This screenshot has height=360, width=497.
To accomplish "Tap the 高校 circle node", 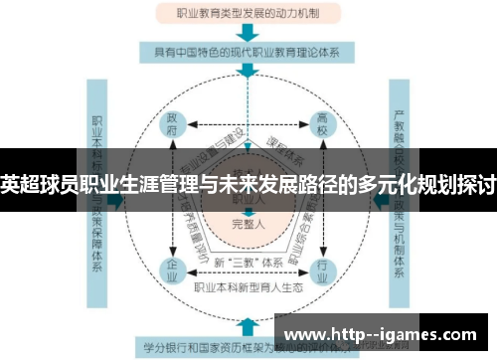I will [322, 126].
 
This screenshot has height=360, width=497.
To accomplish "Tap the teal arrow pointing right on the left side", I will [118, 199].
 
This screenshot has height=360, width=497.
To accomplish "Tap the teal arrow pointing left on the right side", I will [379, 199].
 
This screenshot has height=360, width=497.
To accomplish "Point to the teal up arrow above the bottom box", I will [245, 324].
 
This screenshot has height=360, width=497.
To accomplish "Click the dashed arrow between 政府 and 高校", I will [246, 127].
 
